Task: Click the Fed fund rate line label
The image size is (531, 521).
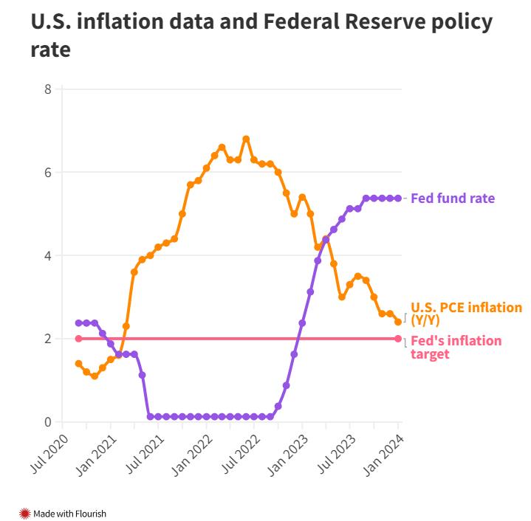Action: pos(452,199)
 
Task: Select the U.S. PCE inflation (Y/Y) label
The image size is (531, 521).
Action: pos(466,313)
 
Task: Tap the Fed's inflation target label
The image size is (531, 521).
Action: pos(456,347)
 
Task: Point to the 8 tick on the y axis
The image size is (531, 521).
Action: pos(48,89)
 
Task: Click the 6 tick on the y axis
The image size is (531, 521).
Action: pos(48,173)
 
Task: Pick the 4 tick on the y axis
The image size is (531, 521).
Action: pos(48,256)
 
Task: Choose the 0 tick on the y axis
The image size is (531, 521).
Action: pos(48,422)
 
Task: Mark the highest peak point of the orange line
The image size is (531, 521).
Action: pos(246,139)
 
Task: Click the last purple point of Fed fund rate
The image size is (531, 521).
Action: pos(398,198)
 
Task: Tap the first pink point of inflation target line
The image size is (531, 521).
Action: pos(78,339)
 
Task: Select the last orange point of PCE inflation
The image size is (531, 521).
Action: pos(398,322)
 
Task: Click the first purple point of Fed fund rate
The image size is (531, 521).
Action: pos(78,322)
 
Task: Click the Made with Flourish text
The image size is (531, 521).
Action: pos(69,514)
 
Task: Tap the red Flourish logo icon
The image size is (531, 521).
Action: pos(24,514)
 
